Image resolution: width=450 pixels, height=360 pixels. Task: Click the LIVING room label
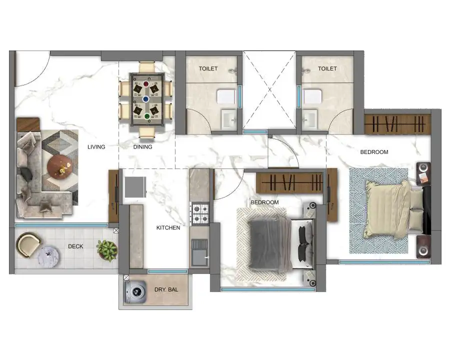pos(96,147)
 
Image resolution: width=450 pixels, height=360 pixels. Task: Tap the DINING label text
pos(142,147)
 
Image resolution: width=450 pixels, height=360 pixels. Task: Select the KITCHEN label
pos(168,227)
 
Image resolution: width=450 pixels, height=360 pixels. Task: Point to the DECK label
pos(75,246)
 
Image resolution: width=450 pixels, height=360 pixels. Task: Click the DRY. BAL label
pos(166,289)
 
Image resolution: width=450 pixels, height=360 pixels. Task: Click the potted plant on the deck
pos(107,250)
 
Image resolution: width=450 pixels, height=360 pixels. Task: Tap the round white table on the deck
pos(48,256)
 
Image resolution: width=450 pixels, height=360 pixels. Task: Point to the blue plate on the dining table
pos(146,99)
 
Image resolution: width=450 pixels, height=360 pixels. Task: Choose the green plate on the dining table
pos(147,116)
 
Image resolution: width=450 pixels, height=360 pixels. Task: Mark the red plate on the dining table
pos(146,84)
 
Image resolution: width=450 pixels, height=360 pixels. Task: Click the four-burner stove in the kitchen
pos(200,213)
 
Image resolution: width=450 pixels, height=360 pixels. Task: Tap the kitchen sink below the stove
pos(199,252)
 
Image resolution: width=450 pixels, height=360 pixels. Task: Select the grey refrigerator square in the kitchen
pos(135,187)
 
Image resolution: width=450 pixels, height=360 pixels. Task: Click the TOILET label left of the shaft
pos(208,68)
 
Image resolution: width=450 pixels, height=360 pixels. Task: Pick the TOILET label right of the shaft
pos(327,68)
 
